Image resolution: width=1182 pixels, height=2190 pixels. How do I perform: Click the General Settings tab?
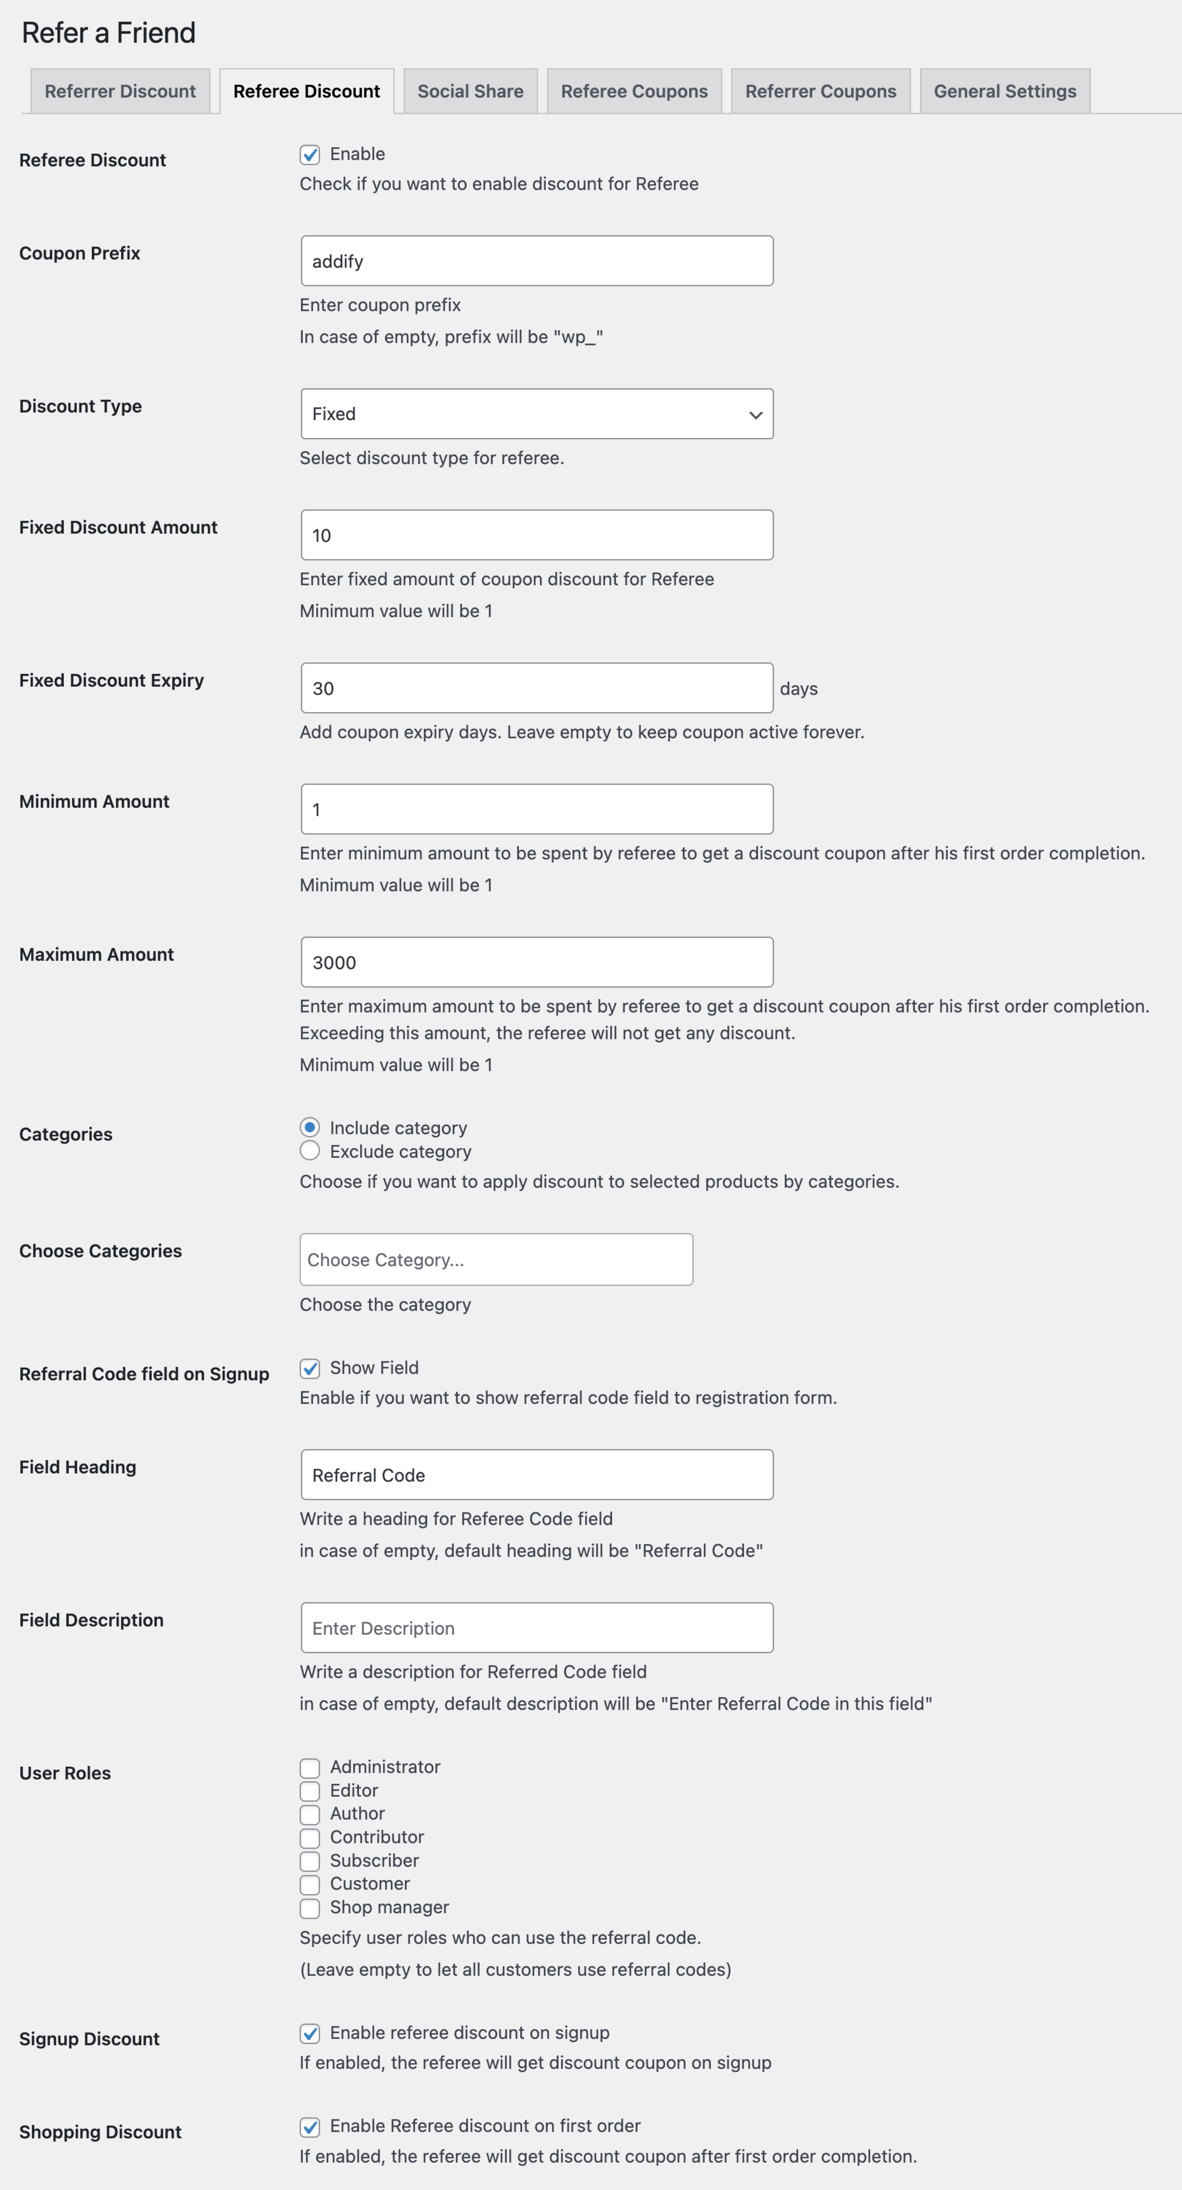pos(1004,91)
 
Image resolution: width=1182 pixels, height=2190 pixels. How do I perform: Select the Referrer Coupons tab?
pos(820,91)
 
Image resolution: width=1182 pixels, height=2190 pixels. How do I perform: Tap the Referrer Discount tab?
pos(120,91)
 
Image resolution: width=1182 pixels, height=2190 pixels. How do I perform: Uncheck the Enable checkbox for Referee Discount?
pos(310,155)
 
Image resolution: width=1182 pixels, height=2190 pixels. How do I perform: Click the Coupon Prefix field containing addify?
pos(536,261)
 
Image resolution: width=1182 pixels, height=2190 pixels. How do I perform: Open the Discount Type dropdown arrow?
pos(755,415)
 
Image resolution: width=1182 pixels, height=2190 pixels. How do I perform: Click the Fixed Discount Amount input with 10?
pos(536,535)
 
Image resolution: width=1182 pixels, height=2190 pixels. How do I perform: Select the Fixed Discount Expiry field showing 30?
pos(536,688)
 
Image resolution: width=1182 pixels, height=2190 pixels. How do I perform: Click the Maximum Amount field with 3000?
pos(536,962)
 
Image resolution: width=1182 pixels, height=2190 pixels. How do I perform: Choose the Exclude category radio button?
pos(310,1151)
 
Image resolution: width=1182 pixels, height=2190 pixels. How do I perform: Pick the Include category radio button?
pos(310,1127)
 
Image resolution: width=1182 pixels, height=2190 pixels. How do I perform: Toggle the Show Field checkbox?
pos(310,1368)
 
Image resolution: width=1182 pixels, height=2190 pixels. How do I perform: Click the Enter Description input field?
pos(536,1628)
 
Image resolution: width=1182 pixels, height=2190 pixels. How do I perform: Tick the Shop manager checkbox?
pos(310,1908)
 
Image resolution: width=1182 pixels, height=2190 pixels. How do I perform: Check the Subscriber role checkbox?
pos(310,1861)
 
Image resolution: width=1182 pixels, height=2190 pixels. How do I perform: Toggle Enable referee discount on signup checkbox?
pos(310,2033)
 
